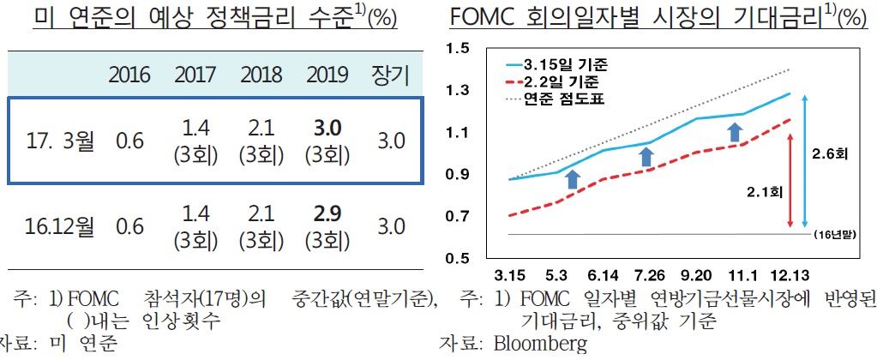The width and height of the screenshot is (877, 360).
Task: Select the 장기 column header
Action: (391, 75)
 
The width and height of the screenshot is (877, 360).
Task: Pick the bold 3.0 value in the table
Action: (327, 128)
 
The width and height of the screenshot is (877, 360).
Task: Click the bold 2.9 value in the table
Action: (327, 214)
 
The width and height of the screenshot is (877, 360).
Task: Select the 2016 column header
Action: (129, 75)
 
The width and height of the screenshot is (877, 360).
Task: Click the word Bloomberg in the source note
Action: (541, 345)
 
